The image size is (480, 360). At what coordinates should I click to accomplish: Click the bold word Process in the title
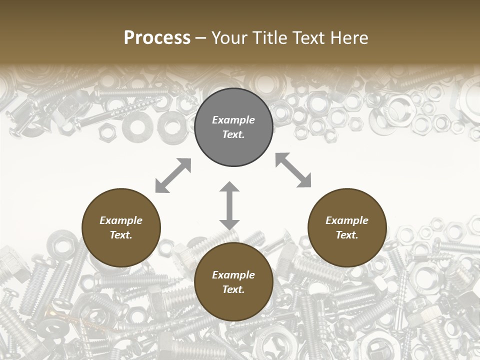click(x=157, y=38)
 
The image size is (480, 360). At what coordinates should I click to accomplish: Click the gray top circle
click(x=233, y=127)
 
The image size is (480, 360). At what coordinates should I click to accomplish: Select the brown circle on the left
click(x=121, y=228)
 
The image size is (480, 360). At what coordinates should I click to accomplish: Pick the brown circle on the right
click(x=347, y=228)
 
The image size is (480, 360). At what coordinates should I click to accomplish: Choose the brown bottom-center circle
click(x=233, y=282)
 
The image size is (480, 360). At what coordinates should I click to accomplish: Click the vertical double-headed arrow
click(x=229, y=206)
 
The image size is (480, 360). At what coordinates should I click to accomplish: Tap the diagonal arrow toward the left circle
click(x=173, y=175)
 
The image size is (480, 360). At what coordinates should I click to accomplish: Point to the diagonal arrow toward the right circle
click(x=293, y=170)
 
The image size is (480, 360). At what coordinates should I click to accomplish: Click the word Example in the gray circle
click(x=233, y=120)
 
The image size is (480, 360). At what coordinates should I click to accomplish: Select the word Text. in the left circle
click(x=121, y=235)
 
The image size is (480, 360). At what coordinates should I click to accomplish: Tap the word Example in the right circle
click(x=347, y=220)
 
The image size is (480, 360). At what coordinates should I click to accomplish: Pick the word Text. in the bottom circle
click(x=233, y=289)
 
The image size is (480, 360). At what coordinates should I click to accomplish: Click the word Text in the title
click(x=306, y=38)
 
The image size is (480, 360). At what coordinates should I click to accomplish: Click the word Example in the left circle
click(x=121, y=220)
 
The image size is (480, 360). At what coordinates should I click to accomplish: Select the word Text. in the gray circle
click(x=233, y=135)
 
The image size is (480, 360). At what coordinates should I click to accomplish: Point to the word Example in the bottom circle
click(x=233, y=275)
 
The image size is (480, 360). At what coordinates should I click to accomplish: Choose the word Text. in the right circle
click(x=347, y=235)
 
